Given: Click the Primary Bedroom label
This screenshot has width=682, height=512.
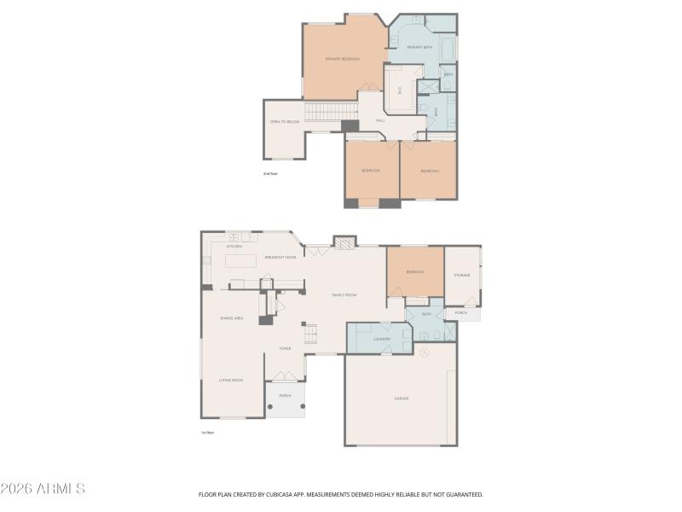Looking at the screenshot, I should (x=342, y=59).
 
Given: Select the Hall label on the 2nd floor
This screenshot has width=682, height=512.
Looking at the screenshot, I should (x=380, y=120).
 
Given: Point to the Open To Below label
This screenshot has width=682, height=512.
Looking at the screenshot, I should (x=285, y=122).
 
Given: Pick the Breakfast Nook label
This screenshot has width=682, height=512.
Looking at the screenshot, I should (x=280, y=257).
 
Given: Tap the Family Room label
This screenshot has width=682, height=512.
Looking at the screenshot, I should (x=344, y=294).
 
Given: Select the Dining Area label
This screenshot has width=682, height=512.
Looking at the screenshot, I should (x=232, y=318).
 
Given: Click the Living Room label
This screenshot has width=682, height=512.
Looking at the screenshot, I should (x=231, y=380).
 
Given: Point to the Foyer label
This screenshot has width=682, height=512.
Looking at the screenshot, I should (x=285, y=348).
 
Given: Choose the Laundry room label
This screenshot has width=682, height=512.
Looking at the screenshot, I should (x=382, y=339).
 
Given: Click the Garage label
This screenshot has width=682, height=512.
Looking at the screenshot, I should (x=401, y=399).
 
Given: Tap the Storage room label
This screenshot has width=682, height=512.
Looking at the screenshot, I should (x=461, y=275).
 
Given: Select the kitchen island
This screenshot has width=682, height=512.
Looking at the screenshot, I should (x=240, y=260).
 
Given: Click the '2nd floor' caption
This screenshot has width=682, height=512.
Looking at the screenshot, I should (x=270, y=173).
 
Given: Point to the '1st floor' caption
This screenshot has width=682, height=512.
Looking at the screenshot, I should (x=207, y=433).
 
